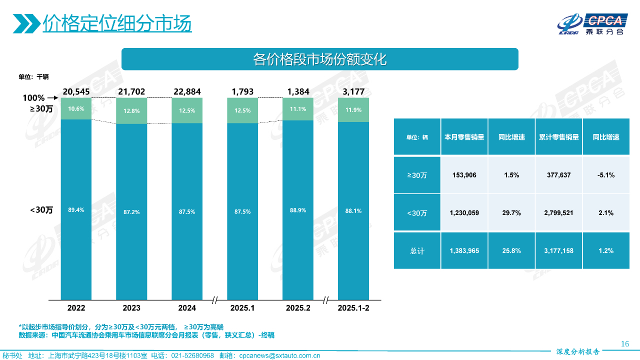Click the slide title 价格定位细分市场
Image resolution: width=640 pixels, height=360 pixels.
(117, 23)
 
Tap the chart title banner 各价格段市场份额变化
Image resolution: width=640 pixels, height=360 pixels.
(320, 59)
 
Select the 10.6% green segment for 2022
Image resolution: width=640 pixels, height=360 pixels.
(76, 109)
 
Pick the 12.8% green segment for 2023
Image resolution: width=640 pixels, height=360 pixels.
(131, 111)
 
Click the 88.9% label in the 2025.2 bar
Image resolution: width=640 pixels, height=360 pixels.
(298, 211)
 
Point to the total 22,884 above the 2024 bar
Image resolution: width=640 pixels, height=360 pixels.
(187, 91)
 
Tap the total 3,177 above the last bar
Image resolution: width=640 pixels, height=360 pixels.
(353, 91)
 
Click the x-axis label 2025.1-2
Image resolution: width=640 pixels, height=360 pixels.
(353, 308)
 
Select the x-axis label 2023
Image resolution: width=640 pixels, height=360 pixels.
(131, 308)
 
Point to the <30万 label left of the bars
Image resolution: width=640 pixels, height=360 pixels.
(41, 210)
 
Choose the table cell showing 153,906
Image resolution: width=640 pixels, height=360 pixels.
(464, 175)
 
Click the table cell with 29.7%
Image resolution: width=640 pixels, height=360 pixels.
(511, 213)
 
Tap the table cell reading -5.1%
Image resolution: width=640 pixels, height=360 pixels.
(605, 175)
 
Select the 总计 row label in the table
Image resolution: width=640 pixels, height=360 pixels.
(417, 250)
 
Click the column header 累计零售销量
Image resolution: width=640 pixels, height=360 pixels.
(558, 137)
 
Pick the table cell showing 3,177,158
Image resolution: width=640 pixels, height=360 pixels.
(558, 250)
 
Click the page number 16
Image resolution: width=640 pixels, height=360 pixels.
(624, 343)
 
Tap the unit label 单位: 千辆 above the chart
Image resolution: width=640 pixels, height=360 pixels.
(33, 77)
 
